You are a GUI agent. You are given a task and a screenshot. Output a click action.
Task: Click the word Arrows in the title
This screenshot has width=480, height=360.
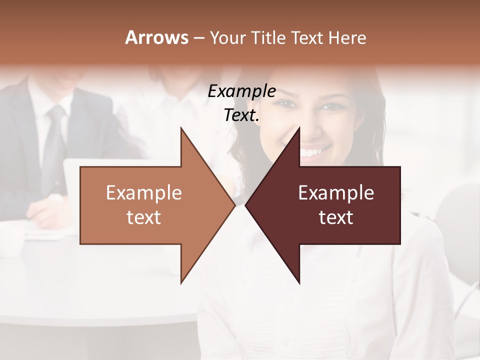[x=156, y=37]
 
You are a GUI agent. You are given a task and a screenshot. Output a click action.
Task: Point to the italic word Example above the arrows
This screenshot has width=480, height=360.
[x=241, y=91]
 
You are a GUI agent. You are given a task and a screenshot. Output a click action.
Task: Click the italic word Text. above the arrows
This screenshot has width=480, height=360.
[x=241, y=115]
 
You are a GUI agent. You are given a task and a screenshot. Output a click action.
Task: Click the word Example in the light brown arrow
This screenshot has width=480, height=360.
[x=144, y=193]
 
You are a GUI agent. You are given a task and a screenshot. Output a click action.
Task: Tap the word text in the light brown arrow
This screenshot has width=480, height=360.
[x=144, y=217]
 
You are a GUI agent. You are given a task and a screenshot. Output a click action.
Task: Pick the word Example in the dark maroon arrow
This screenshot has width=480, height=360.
[x=336, y=193]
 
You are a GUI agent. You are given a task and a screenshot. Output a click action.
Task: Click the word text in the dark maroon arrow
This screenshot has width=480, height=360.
[x=336, y=217]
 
